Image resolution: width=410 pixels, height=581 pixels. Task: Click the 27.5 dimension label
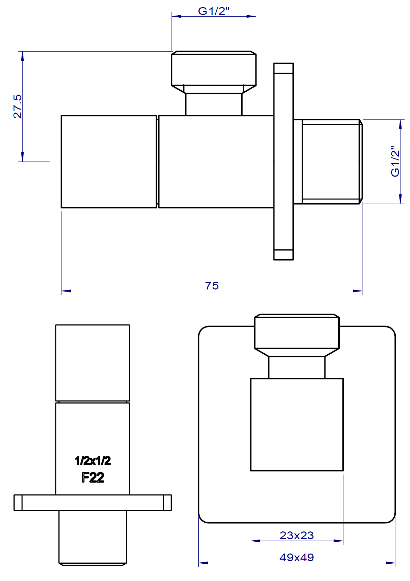17,106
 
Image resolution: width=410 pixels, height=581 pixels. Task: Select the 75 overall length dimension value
212,286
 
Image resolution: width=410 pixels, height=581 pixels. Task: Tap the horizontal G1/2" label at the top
214,11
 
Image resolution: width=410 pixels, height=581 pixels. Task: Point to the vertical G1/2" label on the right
395,162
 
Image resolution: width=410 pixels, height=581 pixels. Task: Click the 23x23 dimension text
297,535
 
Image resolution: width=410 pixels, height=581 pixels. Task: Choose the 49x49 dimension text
297,557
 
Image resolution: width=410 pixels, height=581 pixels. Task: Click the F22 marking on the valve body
93,477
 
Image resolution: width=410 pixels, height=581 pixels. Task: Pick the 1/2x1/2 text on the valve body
93,461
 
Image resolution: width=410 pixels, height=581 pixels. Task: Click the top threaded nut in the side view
214,69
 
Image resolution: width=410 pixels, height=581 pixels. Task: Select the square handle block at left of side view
109,162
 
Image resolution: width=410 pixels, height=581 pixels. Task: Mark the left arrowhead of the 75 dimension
65,291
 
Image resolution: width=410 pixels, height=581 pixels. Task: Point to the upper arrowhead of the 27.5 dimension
22,56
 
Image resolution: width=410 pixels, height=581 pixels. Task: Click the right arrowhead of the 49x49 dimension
391,563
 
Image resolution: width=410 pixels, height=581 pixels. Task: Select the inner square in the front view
297,425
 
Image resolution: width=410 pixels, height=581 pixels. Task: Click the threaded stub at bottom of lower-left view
92,538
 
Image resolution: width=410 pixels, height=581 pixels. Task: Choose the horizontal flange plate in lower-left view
92,503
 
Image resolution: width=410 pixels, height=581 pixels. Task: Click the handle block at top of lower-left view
92,363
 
